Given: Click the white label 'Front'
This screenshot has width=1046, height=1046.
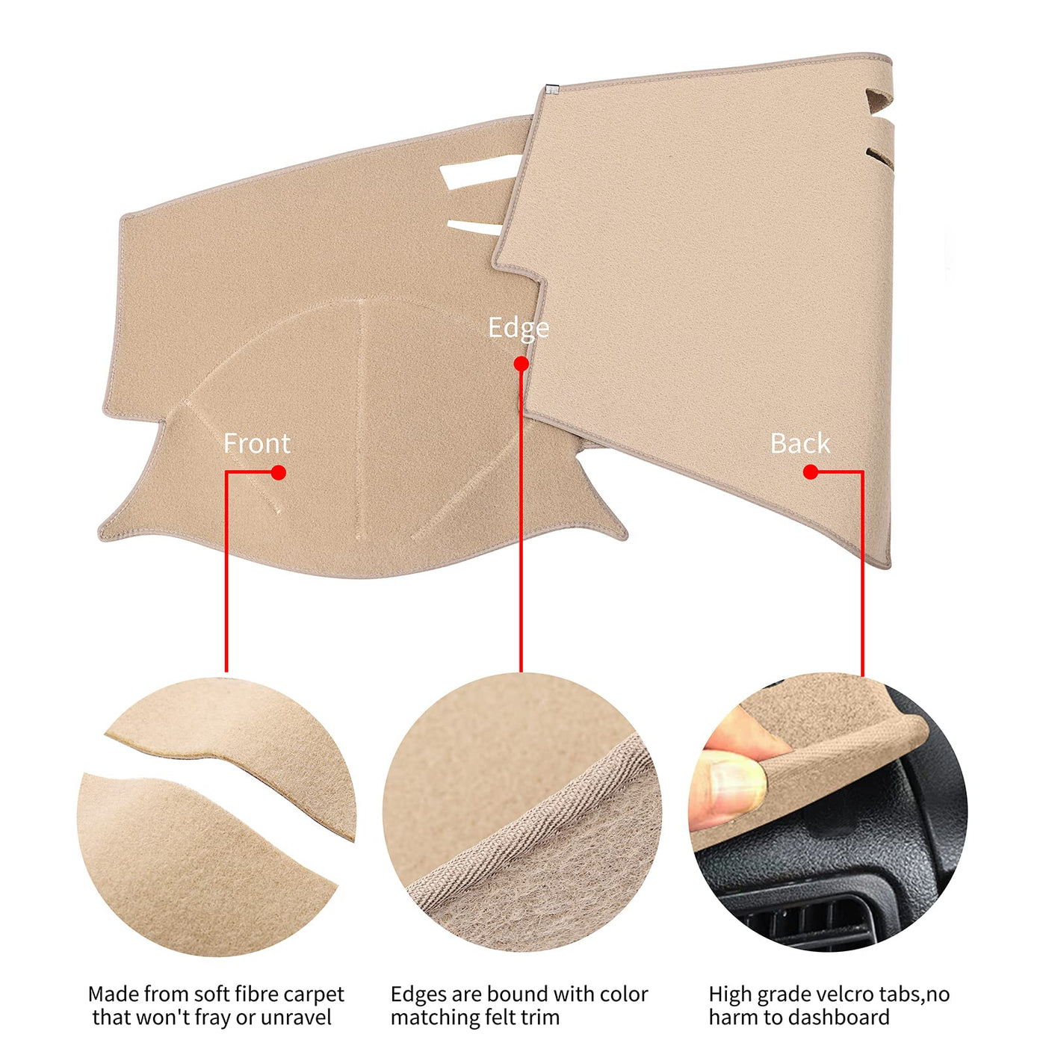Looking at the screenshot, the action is coord(257,444).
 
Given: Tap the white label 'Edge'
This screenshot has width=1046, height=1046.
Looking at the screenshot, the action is coord(519,329).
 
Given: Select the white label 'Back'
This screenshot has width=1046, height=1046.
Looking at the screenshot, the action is coord(800,444).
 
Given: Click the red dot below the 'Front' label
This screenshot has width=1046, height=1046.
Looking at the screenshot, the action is coord(279,472).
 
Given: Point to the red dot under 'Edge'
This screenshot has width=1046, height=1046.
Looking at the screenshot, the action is coord(521,364).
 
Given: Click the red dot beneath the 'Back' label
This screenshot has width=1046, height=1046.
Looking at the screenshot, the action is coord(811,472).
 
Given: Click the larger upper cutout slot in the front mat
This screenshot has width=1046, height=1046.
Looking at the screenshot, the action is coord(481,171).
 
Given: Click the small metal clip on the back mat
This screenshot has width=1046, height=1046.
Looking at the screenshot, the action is coord(553,89).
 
